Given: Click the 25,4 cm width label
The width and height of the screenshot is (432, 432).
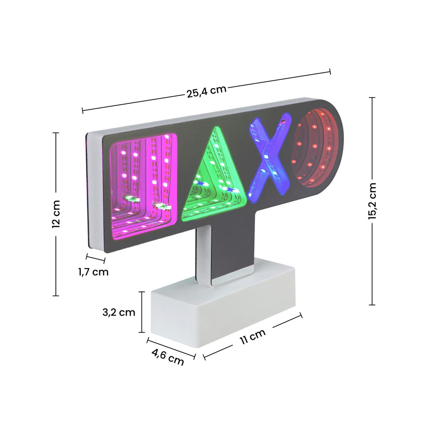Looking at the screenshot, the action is pyautogui.click(x=207, y=91).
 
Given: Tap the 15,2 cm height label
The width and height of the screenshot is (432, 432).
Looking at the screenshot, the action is pyautogui.click(x=372, y=201).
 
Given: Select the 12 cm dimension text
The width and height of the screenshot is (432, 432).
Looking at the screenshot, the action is pyautogui.click(x=56, y=214).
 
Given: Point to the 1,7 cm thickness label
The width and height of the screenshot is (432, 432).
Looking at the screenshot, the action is pyautogui.click(x=93, y=272).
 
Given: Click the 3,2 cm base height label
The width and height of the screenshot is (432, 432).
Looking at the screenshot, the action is pyautogui.click(x=119, y=312).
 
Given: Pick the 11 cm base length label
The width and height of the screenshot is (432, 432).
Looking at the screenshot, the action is pyautogui.click(x=253, y=336).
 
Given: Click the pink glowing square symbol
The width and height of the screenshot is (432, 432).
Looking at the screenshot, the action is pyautogui.click(x=144, y=187).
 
